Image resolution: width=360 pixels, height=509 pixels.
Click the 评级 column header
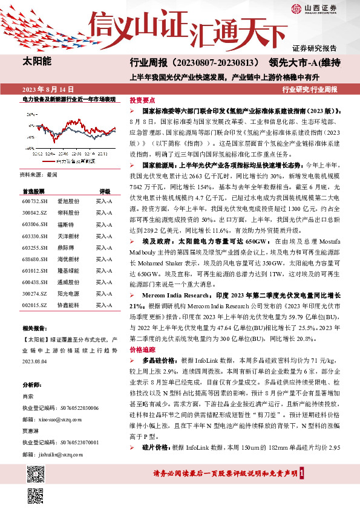click(x=105, y=190)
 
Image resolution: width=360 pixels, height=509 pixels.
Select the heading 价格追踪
click(x=142, y=349)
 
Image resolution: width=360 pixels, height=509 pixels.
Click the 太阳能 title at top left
click(x=38, y=61)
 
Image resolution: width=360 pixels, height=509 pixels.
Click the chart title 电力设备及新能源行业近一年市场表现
click(x=68, y=98)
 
